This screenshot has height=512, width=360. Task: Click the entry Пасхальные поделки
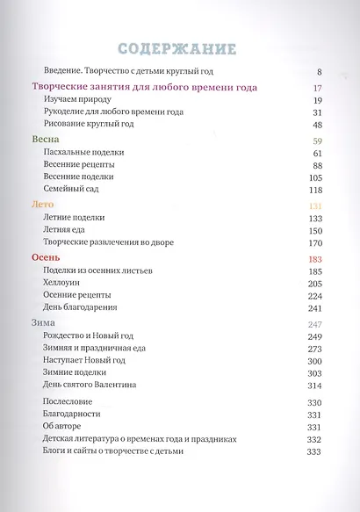pos(83,152)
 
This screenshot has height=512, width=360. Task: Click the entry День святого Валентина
pos(97,386)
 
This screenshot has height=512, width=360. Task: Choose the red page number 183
pos(314,258)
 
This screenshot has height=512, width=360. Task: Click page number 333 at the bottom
pos(314,451)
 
